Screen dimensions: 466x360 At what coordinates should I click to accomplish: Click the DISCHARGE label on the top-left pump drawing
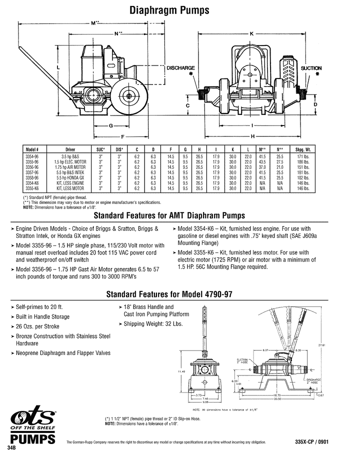pyautogui.click(x=180, y=68)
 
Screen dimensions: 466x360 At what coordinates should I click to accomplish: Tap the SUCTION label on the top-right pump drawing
pyautogui.click(x=311, y=68)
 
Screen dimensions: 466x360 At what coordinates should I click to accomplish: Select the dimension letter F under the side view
pyautogui.click(x=122, y=136)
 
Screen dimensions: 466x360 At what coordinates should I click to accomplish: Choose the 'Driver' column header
pyautogui.click(x=70, y=149)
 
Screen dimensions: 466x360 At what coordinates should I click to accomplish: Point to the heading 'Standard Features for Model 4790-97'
pyautogui.click(x=180, y=294)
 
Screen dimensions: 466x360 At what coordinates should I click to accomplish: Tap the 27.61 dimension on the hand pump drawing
pyautogui.click(x=322, y=344)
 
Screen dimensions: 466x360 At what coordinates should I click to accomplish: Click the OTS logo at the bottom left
pyautogui.click(x=31, y=419)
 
